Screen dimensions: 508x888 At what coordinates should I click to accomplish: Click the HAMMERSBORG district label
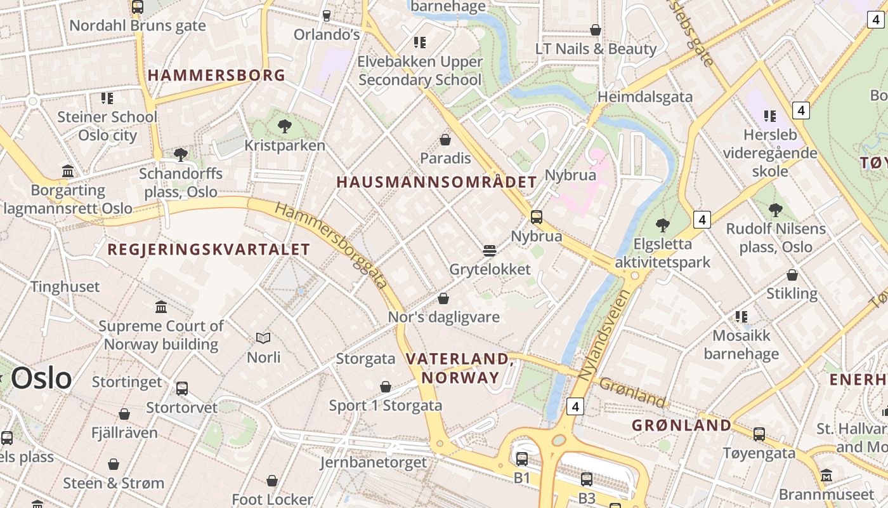pyautogui.click(x=216, y=76)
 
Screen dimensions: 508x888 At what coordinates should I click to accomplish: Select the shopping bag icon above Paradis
pyautogui.click(x=445, y=140)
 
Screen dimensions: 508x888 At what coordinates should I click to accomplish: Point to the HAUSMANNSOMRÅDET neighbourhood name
pyautogui.click(x=436, y=182)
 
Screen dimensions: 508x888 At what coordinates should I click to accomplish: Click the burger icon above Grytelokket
pyautogui.click(x=489, y=251)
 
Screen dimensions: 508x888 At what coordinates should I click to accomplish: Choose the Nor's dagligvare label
pyautogui.click(x=444, y=317)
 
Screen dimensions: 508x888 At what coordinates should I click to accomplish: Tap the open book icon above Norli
pyautogui.click(x=263, y=338)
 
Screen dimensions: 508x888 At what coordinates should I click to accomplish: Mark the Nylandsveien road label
pyautogui.click(x=604, y=335)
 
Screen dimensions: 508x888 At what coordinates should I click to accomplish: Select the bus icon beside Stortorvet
pyautogui.click(x=182, y=388)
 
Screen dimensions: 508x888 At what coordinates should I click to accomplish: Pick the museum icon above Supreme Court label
pyautogui.click(x=161, y=307)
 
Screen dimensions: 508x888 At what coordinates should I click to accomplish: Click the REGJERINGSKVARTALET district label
pyautogui.click(x=209, y=250)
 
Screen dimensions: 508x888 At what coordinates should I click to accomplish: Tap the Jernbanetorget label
pyautogui.click(x=374, y=462)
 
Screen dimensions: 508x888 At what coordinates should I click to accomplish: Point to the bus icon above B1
pyautogui.click(x=521, y=458)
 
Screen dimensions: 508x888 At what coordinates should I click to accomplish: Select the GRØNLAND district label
pyautogui.click(x=681, y=425)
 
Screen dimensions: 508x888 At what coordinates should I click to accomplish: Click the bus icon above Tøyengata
pyautogui.click(x=759, y=434)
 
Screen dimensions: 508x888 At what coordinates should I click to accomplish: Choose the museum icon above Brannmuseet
pyautogui.click(x=826, y=476)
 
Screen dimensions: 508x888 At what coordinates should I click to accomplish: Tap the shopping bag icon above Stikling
pyautogui.click(x=792, y=275)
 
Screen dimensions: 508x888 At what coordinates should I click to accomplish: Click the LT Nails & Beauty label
pyautogui.click(x=596, y=49)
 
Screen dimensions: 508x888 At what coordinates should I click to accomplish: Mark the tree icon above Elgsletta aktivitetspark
pyautogui.click(x=663, y=225)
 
